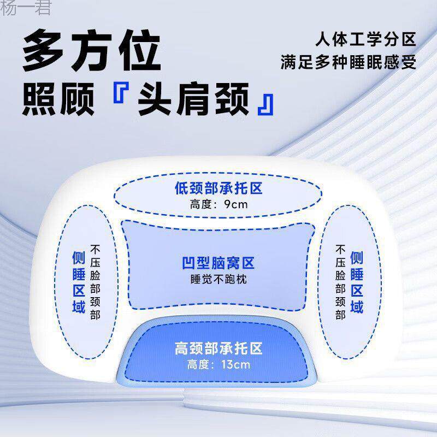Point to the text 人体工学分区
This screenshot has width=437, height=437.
[365, 40]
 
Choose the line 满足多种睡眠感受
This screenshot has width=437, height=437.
[349, 62]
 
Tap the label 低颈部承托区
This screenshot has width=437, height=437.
[218, 190]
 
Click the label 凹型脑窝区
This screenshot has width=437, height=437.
[218, 264]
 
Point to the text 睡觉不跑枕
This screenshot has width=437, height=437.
[218, 279]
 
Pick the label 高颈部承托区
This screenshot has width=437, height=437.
[218, 348]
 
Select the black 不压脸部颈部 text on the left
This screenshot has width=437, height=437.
[96, 282]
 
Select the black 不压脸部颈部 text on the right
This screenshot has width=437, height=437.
[340, 282]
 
